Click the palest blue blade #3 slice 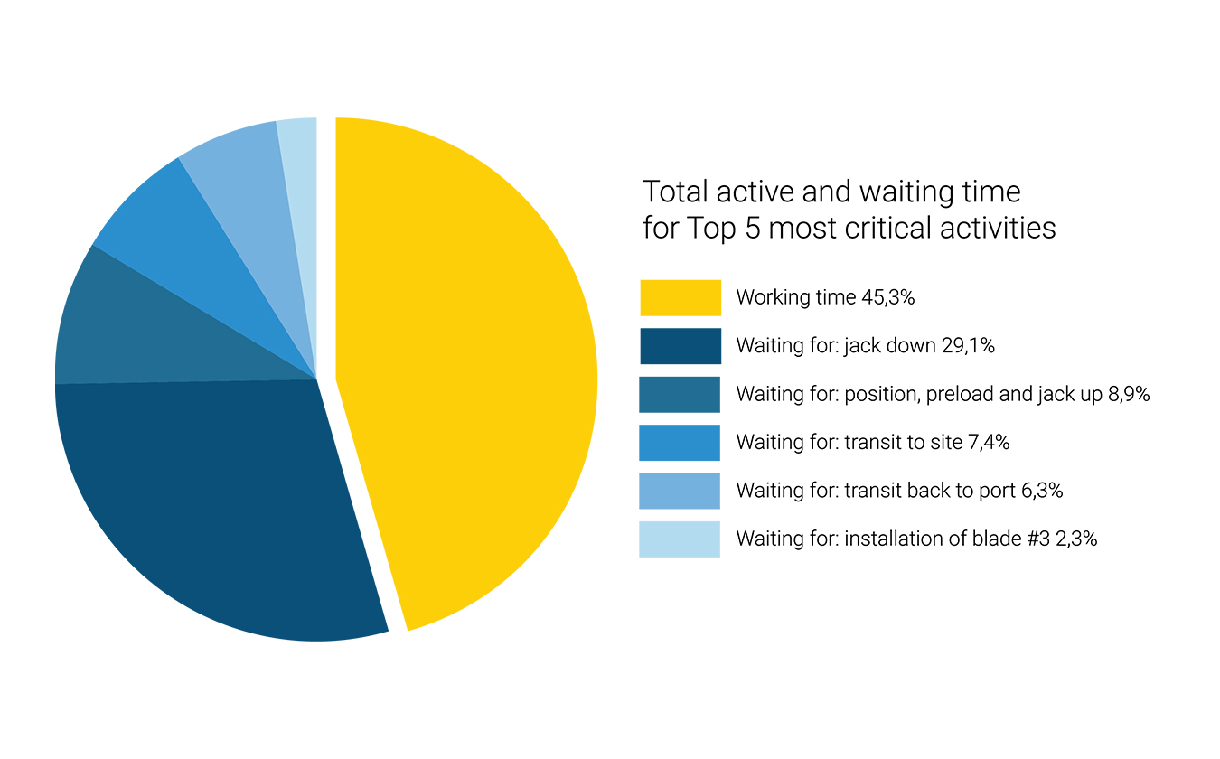(301, 191)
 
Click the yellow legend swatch (680, 298)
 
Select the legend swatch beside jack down (680, 346)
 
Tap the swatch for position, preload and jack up (680, 394)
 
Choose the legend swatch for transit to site (680, 443)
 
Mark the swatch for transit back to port (680, 492)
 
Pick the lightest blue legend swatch (680, 539)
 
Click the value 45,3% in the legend (887, 297)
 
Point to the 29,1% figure (968, 346)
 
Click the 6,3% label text (1042, 491)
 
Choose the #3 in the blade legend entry (1038, 539)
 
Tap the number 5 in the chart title (752, 228)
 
